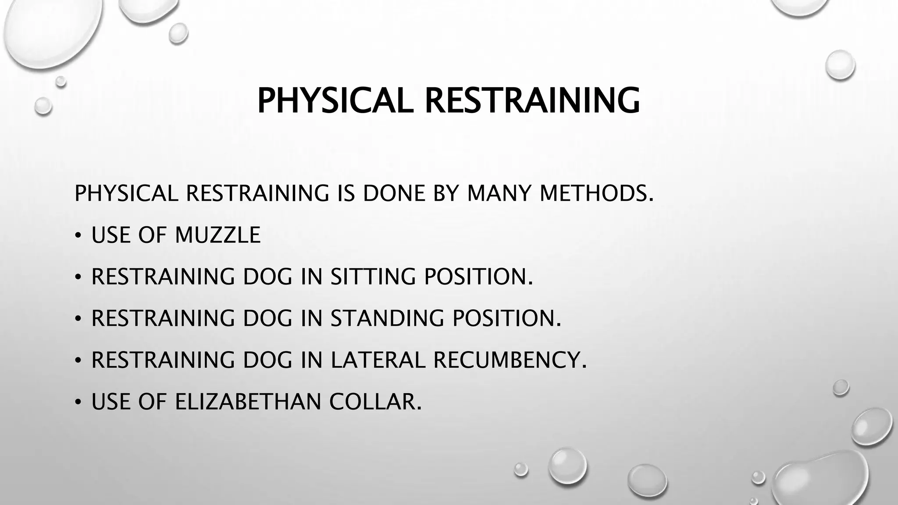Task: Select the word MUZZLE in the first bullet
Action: coord(217,235)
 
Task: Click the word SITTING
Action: coord(372,277)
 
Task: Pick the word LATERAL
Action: coord(378,360)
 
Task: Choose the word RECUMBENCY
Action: coord(510,360)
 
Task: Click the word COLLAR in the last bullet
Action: coord(375,402)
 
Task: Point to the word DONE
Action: coord(394,193)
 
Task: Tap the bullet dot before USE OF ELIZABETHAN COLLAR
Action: coord(78,402)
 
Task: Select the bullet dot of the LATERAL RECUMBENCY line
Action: coord(78,361)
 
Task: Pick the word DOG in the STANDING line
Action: coord(267,318)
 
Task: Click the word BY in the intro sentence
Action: coord(445,193)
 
